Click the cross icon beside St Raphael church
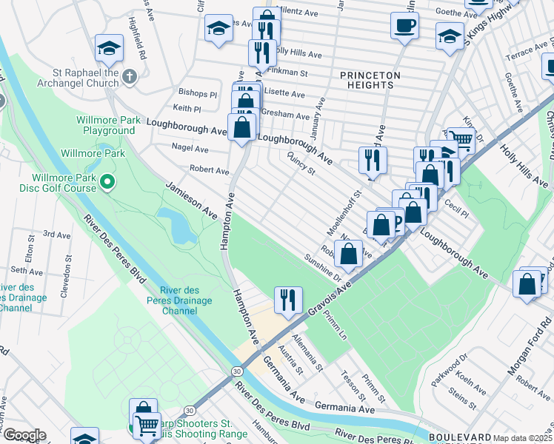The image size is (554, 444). (x=130, y=76)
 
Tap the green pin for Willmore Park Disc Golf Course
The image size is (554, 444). (x=107, y=181)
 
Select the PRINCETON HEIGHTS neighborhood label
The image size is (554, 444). (x=370, y=80)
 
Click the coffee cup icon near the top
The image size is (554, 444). (x=404, y=26)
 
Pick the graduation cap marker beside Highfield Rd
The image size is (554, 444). (x=109, y=50)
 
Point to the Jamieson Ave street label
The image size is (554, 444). (x=191, y=200)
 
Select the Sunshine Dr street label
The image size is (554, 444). (x=321, y=268)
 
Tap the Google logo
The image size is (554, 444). (x=24, y=435)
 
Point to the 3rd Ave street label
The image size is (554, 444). (x=56, y=234)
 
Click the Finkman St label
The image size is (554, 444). (x=290, y=73)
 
